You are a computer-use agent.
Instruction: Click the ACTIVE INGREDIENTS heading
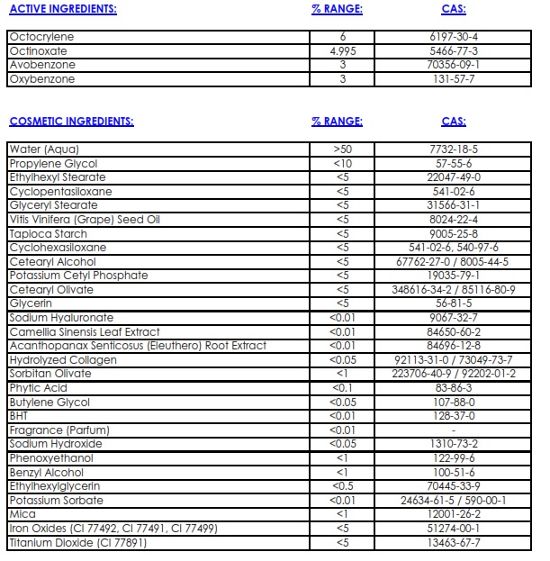point(62,10)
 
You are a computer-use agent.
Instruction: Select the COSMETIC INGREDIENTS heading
point(71,121)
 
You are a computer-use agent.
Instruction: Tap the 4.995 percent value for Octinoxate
point(341,51)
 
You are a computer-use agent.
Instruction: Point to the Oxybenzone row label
point(41,79)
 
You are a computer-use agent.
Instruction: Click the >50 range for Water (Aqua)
point(341,149)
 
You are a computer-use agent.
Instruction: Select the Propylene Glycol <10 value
point(341,163)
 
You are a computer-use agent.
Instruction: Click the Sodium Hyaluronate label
point(61,318)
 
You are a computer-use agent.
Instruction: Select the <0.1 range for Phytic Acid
point(341,388)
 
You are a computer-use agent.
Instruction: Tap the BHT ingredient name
point(19,416)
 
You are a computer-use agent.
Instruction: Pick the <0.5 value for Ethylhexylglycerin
point(341,486)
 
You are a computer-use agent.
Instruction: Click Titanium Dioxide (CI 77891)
point(77,543)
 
